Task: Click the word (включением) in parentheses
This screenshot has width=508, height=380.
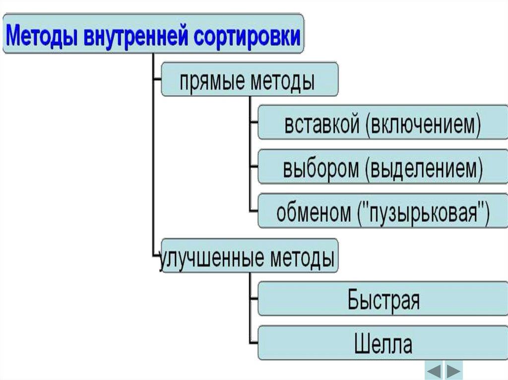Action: (x=423, y=126)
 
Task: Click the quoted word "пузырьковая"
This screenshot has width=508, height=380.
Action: (x=423, y=213)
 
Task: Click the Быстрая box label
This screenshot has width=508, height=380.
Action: (x=383, y=300)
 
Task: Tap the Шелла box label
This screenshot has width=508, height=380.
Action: (x=383, y=344)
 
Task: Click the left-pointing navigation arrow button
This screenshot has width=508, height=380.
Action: (x=435, y=370)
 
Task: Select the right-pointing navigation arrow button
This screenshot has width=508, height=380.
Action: (x=453, y=370)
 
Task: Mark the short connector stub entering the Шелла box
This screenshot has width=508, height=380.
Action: (x=254, y=342)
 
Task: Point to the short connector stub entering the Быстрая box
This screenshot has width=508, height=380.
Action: (x=254, y=299)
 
